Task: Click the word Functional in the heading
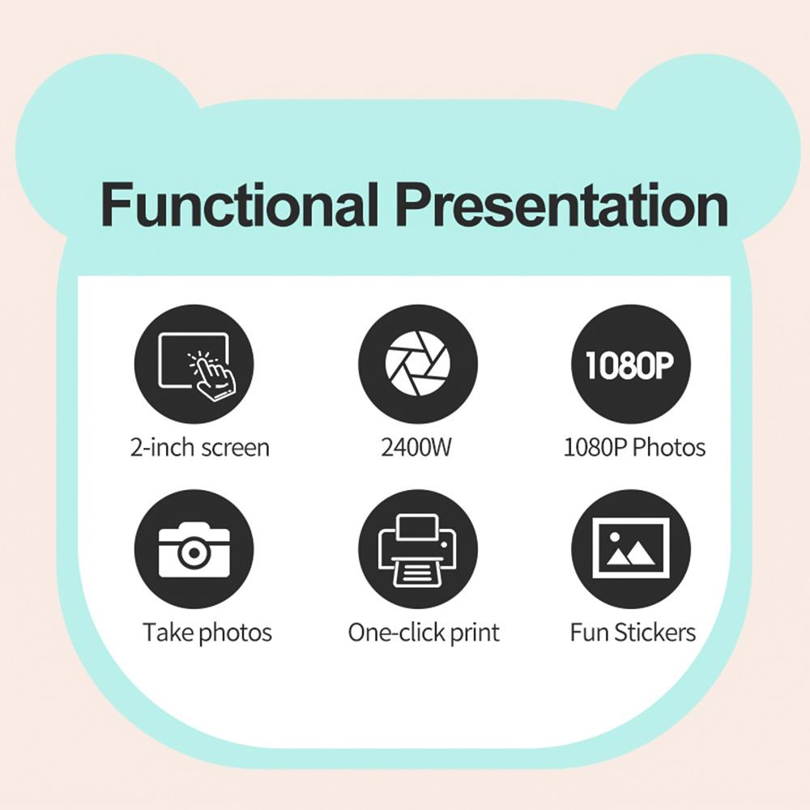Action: (x=239, y=205)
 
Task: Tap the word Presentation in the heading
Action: (x=564, y=205)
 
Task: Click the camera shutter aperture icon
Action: (x=418, y=364)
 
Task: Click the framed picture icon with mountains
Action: (x=631, y=549)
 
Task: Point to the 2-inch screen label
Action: (x=200, y=447)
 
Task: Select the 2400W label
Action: (x=416, y=447)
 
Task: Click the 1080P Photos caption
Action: (x=634, y=447)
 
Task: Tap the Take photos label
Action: (x=207, y=633)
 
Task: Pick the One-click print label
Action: (x=424, y=633)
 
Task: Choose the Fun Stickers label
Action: (x=633, y=633)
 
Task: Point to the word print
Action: (x=475, y=633)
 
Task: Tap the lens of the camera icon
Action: (x=194, y=552)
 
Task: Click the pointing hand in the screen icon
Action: (x=212, y=376)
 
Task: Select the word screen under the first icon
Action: (x=236, y=449)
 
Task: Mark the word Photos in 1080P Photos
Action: (x=670, y=447)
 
